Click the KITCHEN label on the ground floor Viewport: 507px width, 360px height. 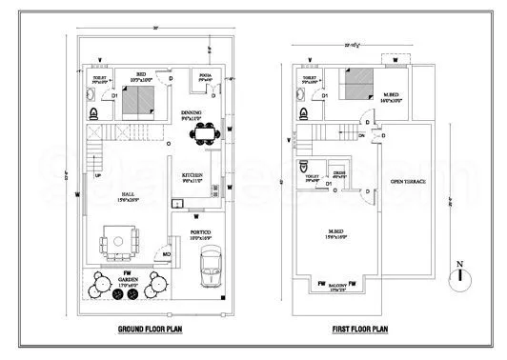(193, 177)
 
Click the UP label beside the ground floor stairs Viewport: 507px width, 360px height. (97, 175)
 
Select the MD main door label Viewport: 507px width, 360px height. (166, 255)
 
